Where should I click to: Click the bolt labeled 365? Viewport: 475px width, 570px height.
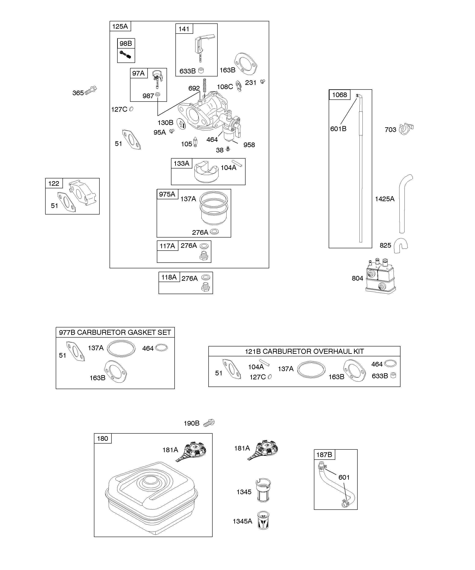[91, 90]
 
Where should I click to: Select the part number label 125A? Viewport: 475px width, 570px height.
[120, 26]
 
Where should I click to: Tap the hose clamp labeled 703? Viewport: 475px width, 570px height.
[406, 129]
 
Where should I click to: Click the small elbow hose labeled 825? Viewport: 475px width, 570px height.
[401, 245]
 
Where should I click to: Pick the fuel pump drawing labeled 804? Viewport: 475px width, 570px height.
[380, 276]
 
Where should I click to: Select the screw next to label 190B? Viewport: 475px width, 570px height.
[209, 423]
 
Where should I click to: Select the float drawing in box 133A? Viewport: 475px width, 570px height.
[206, 172]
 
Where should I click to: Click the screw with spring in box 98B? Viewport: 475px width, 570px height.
[126, 54]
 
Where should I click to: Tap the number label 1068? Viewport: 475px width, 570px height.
[339, 95]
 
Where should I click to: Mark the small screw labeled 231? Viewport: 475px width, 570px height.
[262, 81]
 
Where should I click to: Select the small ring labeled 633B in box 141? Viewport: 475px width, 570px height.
[201, 71]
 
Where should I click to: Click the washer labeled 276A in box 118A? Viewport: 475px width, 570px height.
[206, 277]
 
